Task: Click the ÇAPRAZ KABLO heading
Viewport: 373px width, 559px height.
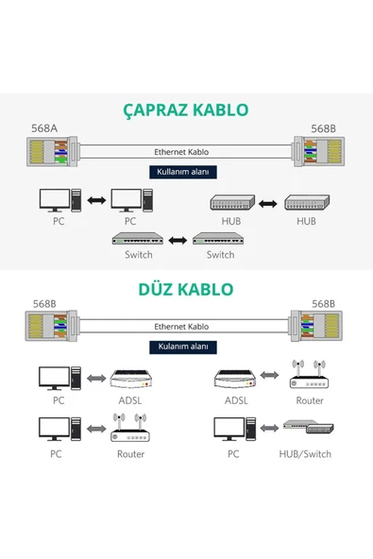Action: tap(186, 110)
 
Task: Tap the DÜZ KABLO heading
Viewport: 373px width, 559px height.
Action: tap(186, 288)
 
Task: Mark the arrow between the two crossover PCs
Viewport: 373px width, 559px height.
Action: tap(94, 201)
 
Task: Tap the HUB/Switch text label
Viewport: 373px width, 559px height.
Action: tap(305, 454)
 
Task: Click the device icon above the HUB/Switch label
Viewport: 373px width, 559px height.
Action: tap(306, 429)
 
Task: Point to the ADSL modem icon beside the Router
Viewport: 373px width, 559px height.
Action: tap(235, 378)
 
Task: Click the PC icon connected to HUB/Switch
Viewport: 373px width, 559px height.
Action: tap(232, 430)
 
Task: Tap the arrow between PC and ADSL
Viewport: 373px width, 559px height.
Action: tap(93, 378)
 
